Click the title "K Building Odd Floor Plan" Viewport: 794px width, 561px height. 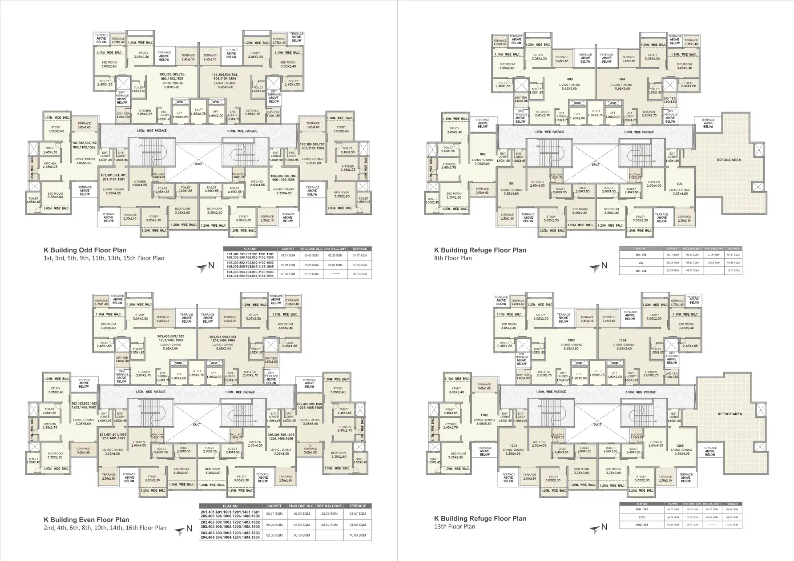(85, 250)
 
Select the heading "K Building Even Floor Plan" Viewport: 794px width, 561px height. (86, 520)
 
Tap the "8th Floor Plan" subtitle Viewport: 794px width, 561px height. (453, 258)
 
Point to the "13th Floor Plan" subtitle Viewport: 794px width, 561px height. (455, 526)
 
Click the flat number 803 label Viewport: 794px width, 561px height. (570, 79)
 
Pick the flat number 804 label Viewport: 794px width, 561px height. (622, 79)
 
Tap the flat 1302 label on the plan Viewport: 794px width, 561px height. (484, 415)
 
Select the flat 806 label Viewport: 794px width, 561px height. (679, 184)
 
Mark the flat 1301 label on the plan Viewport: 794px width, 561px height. (513, 445)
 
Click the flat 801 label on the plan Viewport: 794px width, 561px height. (512, 184)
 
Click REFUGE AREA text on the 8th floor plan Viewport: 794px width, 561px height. (729, 160)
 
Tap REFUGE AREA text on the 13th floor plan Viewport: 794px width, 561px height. (730, 414)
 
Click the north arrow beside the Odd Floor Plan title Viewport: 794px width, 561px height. (204, 266)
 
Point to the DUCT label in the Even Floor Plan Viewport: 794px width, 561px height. (197, 425)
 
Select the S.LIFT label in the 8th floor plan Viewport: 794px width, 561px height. (596, 111)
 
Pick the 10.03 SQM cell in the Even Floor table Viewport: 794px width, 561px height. (358, 535)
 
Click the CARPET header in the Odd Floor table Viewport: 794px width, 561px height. (285, 249)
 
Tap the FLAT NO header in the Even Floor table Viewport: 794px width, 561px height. (230, 506)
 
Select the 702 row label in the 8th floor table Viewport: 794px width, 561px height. (641, 263)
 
